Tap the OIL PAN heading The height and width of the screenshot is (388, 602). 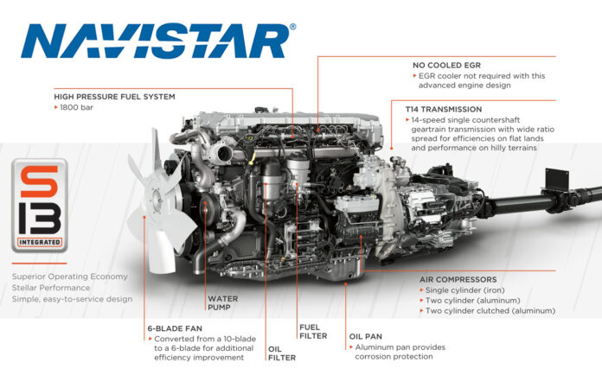click(367, 335)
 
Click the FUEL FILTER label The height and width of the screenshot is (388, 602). click(311, 330)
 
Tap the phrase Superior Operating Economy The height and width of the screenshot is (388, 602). click(69, 277)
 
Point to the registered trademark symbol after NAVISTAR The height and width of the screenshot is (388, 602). click(292, 27)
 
